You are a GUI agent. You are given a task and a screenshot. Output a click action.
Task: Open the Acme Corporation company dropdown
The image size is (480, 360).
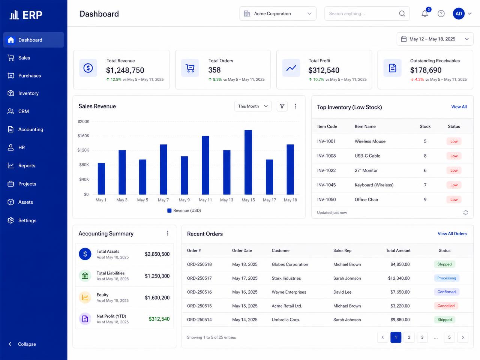(278, 13)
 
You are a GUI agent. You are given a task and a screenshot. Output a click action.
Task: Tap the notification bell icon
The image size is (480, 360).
(424, 13)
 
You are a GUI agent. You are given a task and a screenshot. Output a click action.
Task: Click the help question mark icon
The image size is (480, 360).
(441, 13)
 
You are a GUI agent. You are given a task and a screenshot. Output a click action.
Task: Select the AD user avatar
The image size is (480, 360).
(459, 13)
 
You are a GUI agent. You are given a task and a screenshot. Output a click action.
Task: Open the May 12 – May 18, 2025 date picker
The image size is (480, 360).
(435, 39)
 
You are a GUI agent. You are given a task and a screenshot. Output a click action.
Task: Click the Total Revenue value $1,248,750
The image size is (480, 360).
(125, 70)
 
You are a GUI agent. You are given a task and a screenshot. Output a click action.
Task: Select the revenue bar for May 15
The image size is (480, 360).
(248, 162)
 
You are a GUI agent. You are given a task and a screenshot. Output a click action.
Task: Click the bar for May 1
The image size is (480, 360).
(101, 178)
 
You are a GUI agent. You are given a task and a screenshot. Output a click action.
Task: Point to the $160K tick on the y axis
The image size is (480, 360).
(83, 136)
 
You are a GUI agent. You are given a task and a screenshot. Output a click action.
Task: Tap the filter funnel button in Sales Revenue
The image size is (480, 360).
(282, 106)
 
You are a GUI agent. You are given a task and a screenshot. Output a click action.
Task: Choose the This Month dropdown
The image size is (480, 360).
(253, 106)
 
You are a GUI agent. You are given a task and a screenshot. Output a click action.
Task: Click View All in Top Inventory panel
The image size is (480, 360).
(459, 106)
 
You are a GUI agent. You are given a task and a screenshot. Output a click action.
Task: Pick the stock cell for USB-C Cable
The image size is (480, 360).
(425, 156)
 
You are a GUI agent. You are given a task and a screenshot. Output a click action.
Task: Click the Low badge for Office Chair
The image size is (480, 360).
(454, 199)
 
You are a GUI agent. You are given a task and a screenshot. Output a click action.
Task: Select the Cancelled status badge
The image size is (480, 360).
(446, 306)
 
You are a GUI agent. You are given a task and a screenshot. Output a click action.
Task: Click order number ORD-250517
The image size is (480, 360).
(199, 278)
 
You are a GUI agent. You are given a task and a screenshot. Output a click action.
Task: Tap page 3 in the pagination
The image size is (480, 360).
(422, 337)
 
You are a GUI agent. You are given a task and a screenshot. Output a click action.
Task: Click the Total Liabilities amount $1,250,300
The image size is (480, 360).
(157, 276)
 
